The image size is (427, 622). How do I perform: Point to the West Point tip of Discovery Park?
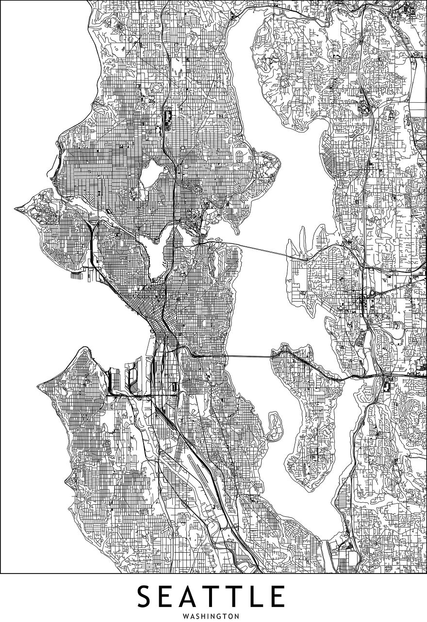17,209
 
